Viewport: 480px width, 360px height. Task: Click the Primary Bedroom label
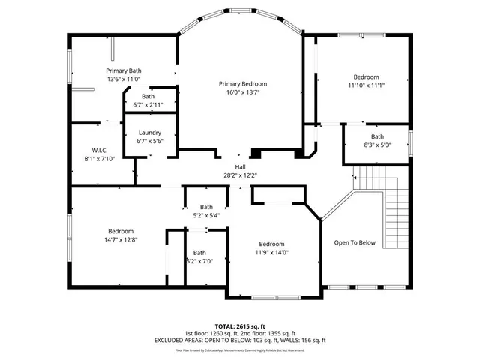243,83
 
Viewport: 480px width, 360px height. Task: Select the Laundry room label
150,132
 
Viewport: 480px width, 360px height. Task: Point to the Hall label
240,167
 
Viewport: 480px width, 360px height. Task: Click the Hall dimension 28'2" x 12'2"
240,175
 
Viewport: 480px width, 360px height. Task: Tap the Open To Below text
355,242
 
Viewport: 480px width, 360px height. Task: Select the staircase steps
382,206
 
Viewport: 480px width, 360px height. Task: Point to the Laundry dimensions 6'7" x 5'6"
150,140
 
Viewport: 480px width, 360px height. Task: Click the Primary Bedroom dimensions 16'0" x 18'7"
243,91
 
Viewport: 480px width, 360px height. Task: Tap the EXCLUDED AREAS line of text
239,340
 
